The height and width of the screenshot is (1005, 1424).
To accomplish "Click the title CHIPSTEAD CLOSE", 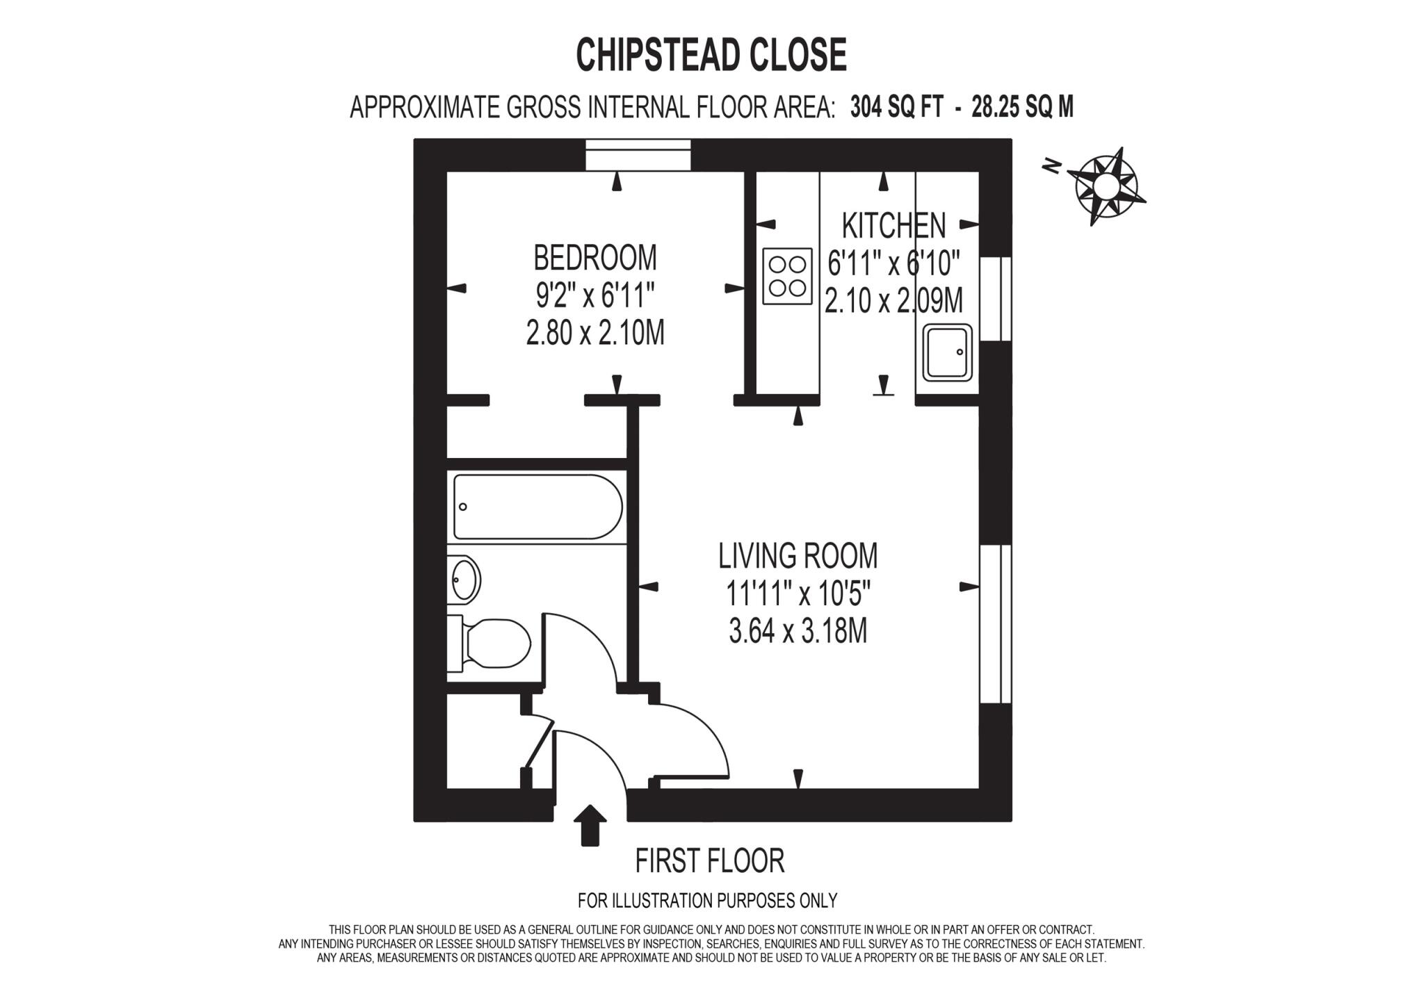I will [x=711, y=55].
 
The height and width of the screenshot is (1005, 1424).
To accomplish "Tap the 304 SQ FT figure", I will [x=896, y=108].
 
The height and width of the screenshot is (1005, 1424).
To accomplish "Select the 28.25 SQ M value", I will [x=1022, y=108].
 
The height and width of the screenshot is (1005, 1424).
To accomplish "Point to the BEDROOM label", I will [x=594, y=258].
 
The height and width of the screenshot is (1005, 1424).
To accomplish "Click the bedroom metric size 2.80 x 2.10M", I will [x=595, y=334].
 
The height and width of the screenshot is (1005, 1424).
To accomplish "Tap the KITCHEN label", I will [x=893, y=225].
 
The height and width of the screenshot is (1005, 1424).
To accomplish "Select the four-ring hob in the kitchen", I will [x=787, y=276].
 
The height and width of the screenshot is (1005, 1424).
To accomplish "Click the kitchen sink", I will [x=947, y=352].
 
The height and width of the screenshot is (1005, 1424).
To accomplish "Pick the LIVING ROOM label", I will [x=798, y=555].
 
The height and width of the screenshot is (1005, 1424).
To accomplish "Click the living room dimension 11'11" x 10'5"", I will [x=798, y=594].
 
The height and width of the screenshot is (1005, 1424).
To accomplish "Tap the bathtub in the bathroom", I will [x=537, y=507].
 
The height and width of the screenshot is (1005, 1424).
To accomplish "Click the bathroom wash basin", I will [x=464, y=578].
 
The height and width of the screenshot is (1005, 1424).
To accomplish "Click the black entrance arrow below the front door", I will [x=590, y=825].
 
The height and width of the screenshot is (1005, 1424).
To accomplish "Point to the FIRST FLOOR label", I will [x=709, y=860].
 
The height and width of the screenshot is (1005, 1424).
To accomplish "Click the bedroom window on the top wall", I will [x=638, y=154].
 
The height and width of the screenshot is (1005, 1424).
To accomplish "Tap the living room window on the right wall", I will [x=995, y=623].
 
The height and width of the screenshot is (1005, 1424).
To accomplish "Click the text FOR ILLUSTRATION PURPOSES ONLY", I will [x=707, y=901].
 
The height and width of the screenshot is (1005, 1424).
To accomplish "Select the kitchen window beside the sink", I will [x=995, y=299].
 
